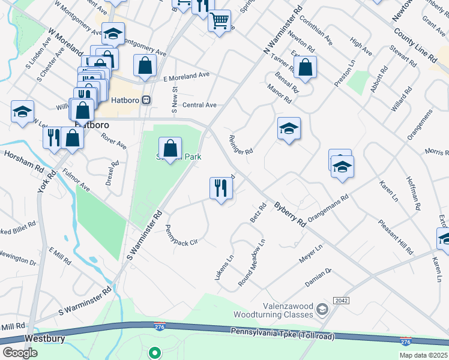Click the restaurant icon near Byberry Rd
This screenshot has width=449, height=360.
(x=221, y=188)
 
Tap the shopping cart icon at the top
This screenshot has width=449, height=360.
(x=220, y=20)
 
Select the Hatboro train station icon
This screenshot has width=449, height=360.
(x=146, y=100)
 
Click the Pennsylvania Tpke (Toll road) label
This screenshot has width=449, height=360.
(x=283, y=334)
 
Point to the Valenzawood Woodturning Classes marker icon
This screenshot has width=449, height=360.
(x=322, y=310)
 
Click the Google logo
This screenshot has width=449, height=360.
(x=20, y=352)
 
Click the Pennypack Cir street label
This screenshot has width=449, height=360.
(x=181, y=235)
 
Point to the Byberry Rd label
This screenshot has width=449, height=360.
(x=291, y=213)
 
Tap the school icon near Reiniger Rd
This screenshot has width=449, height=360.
(x=289, y=128)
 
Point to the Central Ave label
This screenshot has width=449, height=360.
(x=199, y=105)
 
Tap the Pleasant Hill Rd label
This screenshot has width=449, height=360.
(x=396, y=236)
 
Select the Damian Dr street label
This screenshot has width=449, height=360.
(x=319, y=280)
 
